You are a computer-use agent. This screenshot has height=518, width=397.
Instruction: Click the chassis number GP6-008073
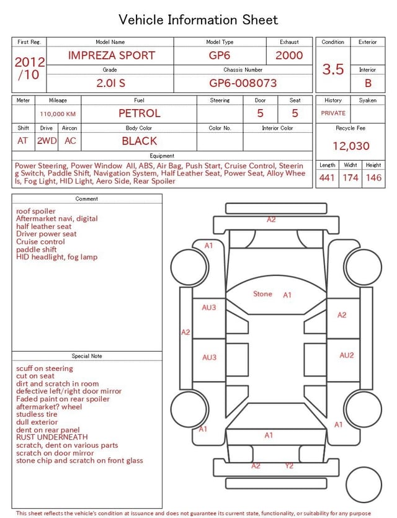(243, 83)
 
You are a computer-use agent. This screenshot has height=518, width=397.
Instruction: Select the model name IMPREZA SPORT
(111, 55)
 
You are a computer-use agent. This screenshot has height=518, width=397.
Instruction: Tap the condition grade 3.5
(333, 69)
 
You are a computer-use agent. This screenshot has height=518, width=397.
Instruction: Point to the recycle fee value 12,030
(350, 146)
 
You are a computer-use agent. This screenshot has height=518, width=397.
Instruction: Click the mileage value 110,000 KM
(58, 114)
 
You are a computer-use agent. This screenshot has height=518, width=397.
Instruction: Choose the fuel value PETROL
(140, 114)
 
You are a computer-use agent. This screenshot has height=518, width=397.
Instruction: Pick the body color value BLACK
(140, 141)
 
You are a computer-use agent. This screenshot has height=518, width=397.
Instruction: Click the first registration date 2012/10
(29, 68)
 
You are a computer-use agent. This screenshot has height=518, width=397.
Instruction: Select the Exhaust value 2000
(289, 55)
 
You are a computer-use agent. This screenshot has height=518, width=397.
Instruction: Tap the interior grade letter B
(368, 83)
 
